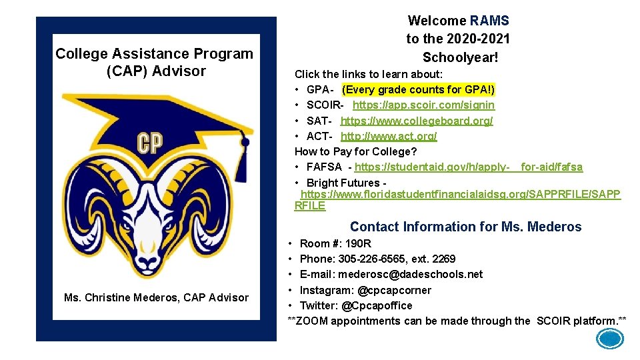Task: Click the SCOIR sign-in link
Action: tap(423, 105)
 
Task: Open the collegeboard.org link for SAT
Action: tap(417, 121)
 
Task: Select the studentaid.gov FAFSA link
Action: tap(468, 167)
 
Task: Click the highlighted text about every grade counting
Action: tap(418, 89)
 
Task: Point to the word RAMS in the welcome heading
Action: tap(489, 21)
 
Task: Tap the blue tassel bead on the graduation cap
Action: tap(245, 142)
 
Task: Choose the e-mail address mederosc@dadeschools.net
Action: tap(410, 274)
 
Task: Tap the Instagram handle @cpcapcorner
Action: tap(393, 290)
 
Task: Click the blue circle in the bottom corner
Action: tap(609, 340)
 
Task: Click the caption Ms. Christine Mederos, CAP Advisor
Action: tap(156, 297)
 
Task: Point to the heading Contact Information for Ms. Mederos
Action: tap(465, 227)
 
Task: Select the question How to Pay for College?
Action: tap(355, 151)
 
